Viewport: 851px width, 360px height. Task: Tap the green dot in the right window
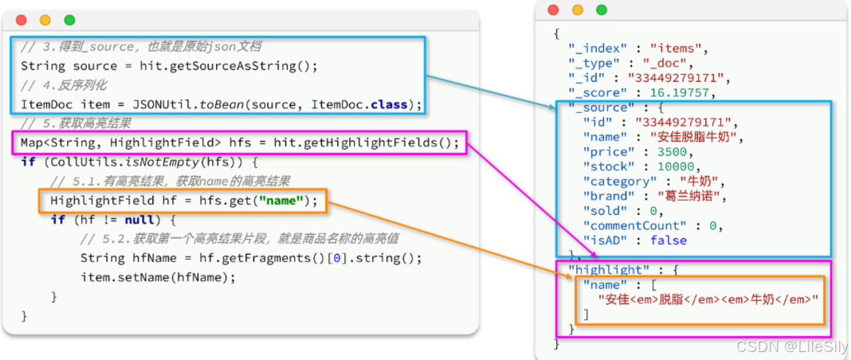click(602, 10)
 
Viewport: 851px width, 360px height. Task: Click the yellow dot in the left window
click(45, 20)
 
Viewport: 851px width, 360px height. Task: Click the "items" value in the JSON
click(678, 49)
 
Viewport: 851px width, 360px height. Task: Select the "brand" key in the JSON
click(611, 196)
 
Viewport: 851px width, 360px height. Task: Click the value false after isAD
click(668, 240)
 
